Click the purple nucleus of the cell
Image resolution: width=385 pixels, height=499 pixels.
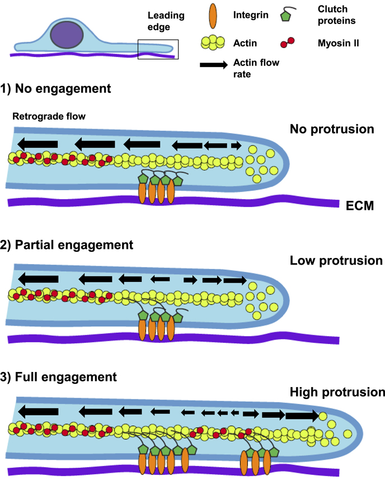tap(67, 35)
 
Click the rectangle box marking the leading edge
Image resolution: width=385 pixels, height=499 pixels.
tap(158, 49)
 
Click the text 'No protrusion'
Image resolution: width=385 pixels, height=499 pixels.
tap(332, 129)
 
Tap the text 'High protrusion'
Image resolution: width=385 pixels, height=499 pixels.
tap(337, 392)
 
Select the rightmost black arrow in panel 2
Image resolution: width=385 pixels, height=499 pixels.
tap(234, 280)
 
